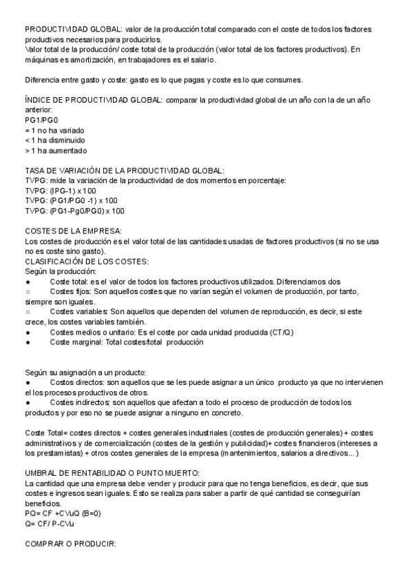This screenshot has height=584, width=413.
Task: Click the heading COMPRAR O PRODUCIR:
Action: click(x=71, y=544)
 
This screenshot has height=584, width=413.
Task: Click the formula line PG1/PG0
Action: click(x=41, y=120)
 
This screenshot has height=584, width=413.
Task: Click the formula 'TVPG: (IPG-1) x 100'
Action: click(x=61, y=190)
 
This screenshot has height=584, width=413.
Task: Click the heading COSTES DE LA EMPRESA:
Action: click(x=73, y=231)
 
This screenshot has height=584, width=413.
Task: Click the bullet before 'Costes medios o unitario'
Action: click(x=28, y=333)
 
